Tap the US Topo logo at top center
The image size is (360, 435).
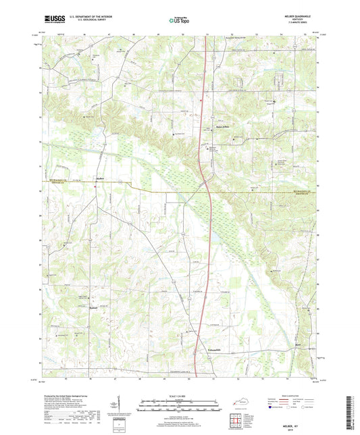pos(178,20)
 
